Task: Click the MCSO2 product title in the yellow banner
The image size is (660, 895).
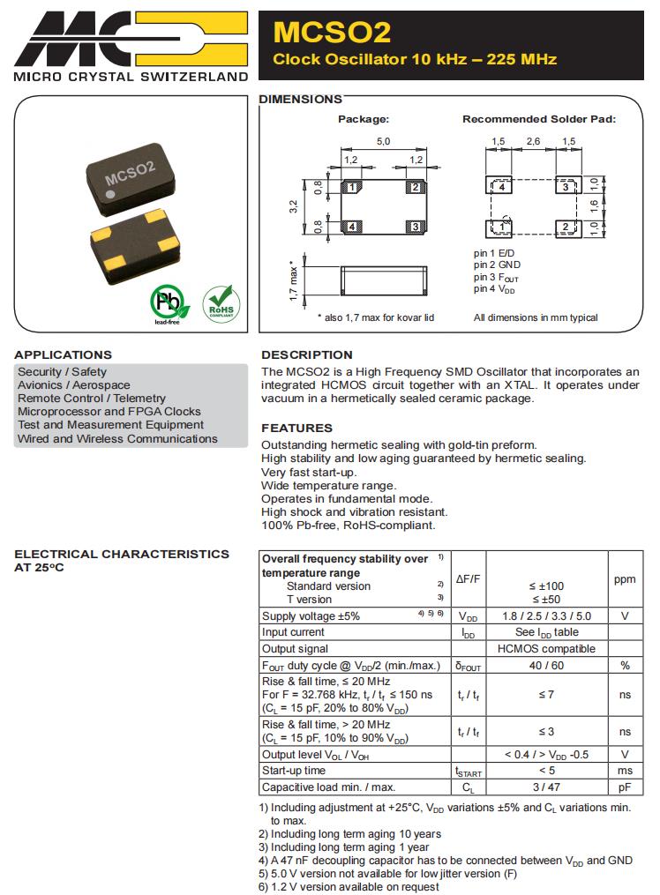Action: pos(332,33)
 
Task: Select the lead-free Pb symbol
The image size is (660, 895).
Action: pos(169,302)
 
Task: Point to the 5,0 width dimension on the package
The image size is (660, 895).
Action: pos(383,141)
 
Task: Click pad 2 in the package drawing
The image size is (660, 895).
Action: pos(415,187)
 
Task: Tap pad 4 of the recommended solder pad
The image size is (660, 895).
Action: pos(501,187)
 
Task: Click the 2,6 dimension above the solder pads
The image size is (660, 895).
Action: pos(533,141)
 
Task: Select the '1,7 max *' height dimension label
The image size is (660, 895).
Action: pos(294,280)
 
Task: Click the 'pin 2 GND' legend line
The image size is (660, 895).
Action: pos(497,265)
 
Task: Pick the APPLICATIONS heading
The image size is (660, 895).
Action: pos(63,354)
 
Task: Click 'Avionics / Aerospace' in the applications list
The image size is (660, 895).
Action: pos(73,385)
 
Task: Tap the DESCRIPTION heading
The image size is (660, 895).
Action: pos(306,354)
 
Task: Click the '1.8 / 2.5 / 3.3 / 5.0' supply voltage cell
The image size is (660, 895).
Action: pos(546,616)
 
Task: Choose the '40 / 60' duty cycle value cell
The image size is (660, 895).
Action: pos(546,665)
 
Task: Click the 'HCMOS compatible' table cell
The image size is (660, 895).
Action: pos(546,648)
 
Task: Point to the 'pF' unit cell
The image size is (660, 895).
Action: pos(625,787)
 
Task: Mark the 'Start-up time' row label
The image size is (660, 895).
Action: pos(294,771)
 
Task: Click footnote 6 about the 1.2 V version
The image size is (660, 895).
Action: pos(349,887)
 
